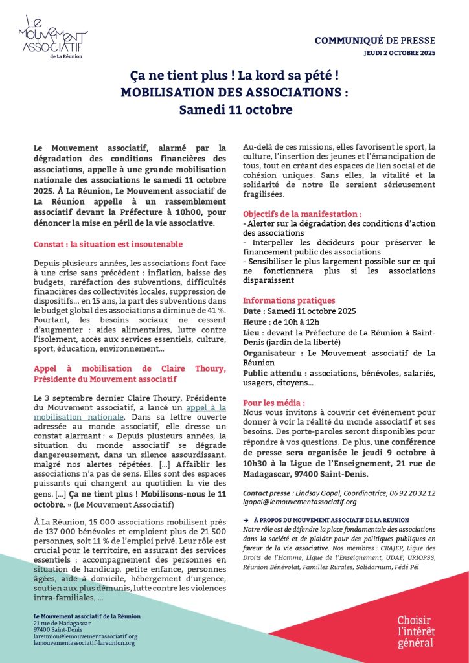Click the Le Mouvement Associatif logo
click(x=54, y=38)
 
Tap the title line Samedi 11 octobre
click(x=235, y=110)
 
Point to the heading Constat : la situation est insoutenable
click(x=108, y=244)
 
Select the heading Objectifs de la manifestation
click(x=303, y=214)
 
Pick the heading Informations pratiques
click(x=289, y=300)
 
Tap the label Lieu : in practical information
click(x=253, y=331)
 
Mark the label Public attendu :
click(x=275, y=374)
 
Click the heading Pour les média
click(x=273, y=402)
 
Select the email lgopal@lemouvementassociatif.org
click(x=299, y=501)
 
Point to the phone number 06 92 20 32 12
click(x=413, y=493)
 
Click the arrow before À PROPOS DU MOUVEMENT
click(x=246, y=519)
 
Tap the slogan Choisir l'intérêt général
click(x=416, y=630)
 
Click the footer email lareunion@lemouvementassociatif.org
click(x=86, y=636)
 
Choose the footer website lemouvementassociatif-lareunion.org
click(x=84, y=642)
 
